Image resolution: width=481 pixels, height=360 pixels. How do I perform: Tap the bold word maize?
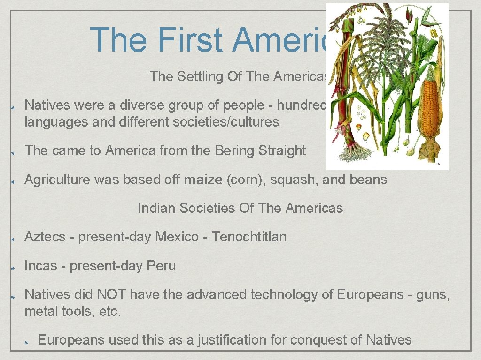point(203,180)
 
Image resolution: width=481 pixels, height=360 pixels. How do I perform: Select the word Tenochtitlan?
point(249,237)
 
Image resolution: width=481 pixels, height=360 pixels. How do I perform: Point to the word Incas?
point(40,266)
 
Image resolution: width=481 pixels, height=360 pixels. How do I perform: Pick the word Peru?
point(161,266)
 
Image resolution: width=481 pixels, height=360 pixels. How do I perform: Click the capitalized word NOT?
point(111,294)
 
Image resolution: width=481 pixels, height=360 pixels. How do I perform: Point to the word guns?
point(432,294)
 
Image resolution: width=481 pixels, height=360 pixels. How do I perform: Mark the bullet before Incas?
point(15,267)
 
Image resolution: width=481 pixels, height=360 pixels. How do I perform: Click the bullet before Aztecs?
point(15,238)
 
